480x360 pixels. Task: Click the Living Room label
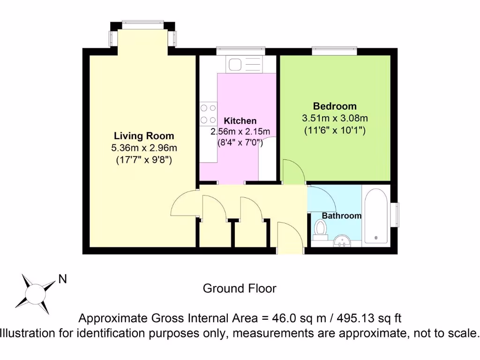[144, 136]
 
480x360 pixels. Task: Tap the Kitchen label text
[240, 121]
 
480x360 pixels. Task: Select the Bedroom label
[335, 106]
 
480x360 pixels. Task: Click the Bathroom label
[341, 216]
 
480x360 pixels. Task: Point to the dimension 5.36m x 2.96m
[144, 148]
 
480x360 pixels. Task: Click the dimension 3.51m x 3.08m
[335, 118]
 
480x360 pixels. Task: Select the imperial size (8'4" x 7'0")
[240, 142]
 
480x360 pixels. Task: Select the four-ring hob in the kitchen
[208, 114]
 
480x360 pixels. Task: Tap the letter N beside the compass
[62, 279]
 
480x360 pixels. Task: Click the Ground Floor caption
[240, 288]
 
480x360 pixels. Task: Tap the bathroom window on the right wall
[395, 214]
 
